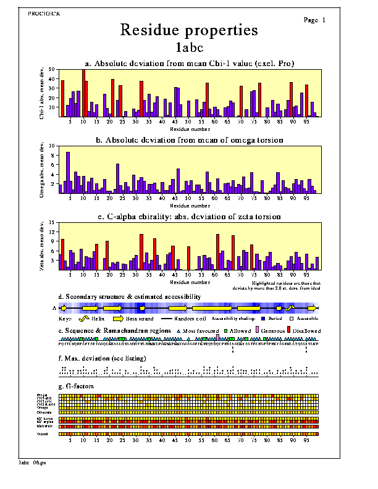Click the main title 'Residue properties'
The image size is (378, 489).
189,30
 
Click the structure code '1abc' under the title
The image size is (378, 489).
189,46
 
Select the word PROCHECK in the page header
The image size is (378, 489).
44,13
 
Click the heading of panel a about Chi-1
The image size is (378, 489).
189,63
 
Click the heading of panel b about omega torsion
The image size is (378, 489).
189,140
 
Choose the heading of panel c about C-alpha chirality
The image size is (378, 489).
189,216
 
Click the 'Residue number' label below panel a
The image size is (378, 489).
189,128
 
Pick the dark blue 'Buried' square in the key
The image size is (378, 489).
264,319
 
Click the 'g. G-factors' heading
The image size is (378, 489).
80,387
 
